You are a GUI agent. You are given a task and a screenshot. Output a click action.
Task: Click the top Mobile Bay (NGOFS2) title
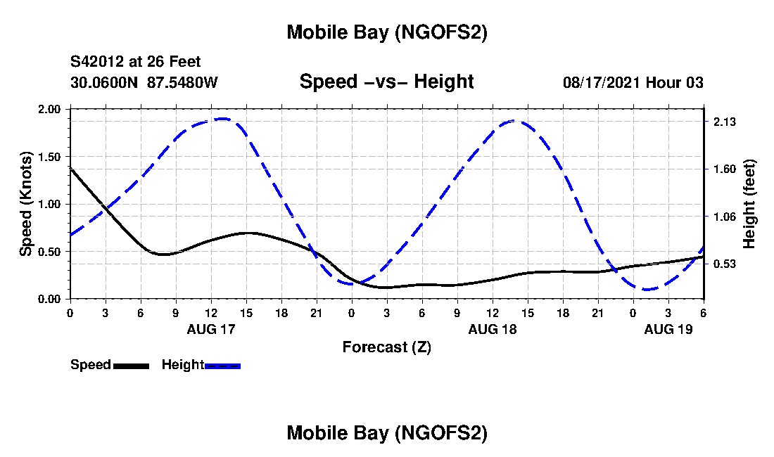(x=386, y=32)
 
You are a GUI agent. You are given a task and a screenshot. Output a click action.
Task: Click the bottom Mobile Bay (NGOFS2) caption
(x=386, y=433)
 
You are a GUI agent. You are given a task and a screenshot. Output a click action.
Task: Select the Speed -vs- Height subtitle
(x=386, y=82)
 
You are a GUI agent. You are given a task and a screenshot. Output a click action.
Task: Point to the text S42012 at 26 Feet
(x=136, y=63)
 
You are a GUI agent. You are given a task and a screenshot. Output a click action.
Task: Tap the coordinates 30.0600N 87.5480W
(x=144, y=82)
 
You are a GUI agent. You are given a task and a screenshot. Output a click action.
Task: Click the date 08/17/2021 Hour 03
(x=633, y=82)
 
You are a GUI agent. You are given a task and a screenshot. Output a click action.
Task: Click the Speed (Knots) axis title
(x=26, y=203)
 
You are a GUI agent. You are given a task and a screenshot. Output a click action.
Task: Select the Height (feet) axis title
(x=749, y=204)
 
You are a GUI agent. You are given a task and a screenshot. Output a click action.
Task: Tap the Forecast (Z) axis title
(x=386, y=347)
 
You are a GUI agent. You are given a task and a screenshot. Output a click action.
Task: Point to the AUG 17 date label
(x=211, y=329)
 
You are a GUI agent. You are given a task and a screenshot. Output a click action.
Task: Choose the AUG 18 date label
(x=493, y=329)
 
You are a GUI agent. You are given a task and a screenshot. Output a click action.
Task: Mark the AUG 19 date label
(x=668, y=329)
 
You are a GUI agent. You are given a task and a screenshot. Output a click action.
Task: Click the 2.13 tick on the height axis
(x=724, y=122)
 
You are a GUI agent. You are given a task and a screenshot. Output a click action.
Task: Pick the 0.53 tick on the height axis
(x=724, y=264)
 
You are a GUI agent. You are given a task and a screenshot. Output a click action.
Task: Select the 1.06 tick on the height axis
(x=724, y=217)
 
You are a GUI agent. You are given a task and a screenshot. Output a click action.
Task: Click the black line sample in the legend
(x=131, y=366)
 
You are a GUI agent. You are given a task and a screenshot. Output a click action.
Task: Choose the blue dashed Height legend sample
(x=222, y=366)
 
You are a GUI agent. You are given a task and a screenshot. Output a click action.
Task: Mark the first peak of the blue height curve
(x=222, y=119)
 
